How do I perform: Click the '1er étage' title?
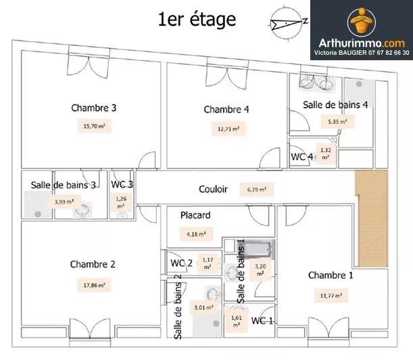click(x=197, y=20)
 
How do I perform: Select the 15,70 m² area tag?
click(x=95, y=126)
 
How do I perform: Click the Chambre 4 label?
click(x=226, y=110)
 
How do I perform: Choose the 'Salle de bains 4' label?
click(x=335, y=104)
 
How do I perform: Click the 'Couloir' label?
click(x=213, y=189)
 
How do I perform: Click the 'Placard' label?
click(x=195, y=215)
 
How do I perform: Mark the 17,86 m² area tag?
click(x=95, y=285)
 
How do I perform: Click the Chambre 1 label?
click(x=331, y=275)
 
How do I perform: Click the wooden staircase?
click(x=372, y=218)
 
